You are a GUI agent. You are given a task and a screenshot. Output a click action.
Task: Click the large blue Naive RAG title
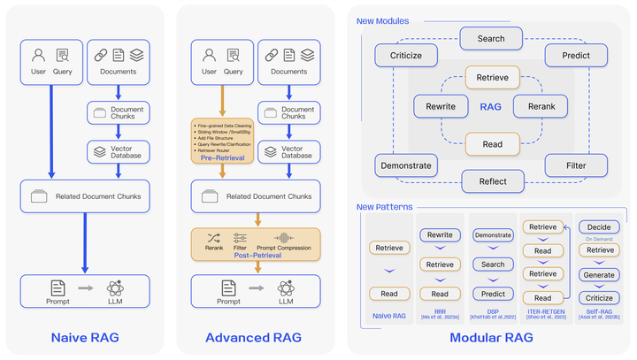click(85, 337)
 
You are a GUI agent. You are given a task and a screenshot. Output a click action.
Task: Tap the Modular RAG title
click(491, 337)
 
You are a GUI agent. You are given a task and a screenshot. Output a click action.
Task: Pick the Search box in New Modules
click(491, 39)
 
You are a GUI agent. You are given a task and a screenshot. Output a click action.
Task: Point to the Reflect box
click(493, 181)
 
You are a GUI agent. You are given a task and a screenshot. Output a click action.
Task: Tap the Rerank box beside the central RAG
click(541, 106)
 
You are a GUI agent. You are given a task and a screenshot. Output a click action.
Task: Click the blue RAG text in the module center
click(491, 106)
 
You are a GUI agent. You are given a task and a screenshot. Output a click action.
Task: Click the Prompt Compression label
click(283, 248)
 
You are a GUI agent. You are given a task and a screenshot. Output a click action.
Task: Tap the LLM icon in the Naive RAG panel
click(115, 287)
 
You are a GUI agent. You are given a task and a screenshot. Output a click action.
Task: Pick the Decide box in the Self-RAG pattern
click(600, 226)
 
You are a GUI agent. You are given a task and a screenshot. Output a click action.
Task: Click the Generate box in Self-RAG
click(600, 274)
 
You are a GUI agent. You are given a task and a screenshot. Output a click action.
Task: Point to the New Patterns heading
click(383, 208)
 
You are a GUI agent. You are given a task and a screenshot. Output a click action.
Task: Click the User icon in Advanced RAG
click(210, 55)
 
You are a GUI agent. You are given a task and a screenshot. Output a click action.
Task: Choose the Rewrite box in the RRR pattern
click(441, 235)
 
